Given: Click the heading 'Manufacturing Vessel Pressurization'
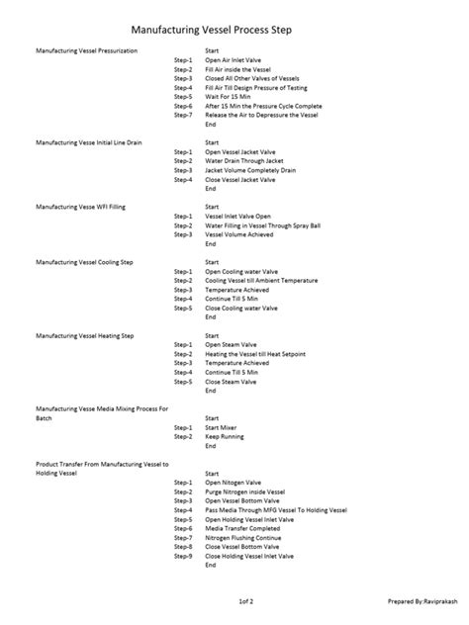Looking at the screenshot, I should [87, 49].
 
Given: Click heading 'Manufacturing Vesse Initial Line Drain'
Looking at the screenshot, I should [89, 142].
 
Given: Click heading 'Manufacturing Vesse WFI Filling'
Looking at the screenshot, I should [87, 207].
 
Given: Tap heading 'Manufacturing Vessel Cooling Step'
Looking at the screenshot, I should [84, 262].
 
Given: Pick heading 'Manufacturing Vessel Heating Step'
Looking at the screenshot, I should [84, 336].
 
